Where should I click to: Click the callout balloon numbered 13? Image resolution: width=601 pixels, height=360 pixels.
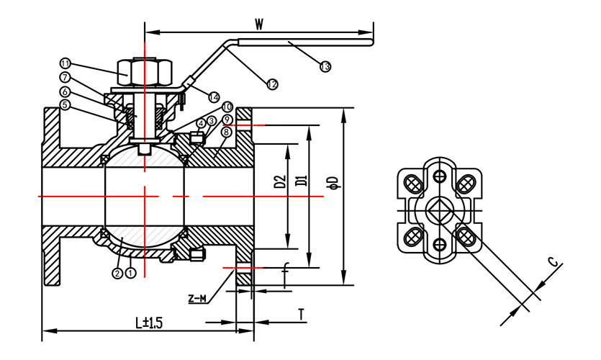tap(325, 67)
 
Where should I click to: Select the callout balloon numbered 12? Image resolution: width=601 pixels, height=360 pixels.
tap(272, 85)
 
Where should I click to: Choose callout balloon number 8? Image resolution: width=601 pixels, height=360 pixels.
tap(227, 132)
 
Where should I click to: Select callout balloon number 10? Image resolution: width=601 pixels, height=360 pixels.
tap(227, 107)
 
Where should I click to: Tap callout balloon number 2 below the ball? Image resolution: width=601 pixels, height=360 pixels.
tap(117, 273)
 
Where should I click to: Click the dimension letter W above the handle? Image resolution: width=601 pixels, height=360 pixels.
tap(259, 23)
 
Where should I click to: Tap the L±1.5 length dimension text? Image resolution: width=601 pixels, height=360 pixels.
tap(149, 322)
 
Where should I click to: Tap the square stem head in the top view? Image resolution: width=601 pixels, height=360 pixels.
tap(438, 210)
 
